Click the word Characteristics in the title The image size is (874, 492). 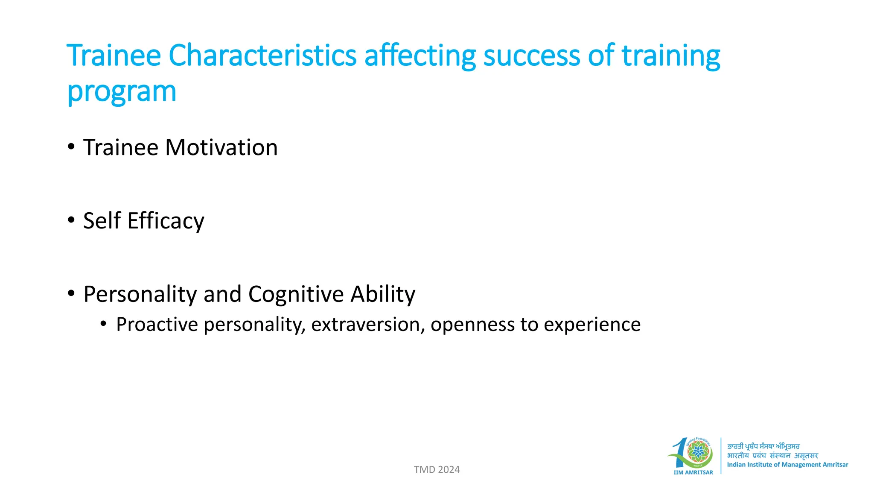point(262,56)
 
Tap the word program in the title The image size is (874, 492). point(122,92)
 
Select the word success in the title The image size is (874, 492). point(531,56)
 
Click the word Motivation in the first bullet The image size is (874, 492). point(221,147)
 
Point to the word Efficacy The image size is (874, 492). point(166,221)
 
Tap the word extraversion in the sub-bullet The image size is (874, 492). point(367,325)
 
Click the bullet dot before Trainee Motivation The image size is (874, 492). point(71,147)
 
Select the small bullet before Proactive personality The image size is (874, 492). point(103,324)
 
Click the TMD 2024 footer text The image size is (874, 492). point(437,469)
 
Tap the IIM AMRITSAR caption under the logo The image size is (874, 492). point(693,472)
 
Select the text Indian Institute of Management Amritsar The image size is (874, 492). point(787,465)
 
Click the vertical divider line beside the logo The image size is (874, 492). point(721,456)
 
